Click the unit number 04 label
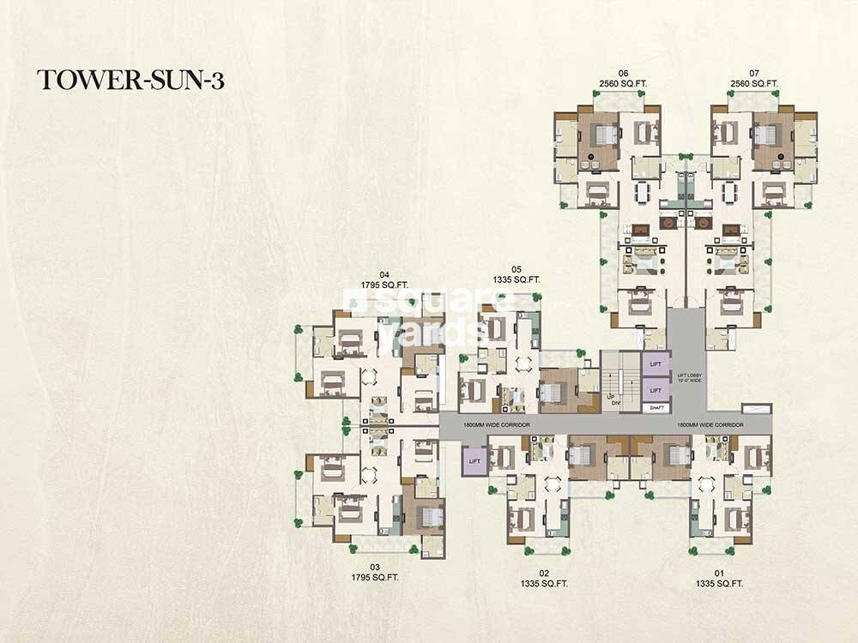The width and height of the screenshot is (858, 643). tap(372, 275)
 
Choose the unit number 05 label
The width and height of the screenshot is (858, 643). tap(516, 267)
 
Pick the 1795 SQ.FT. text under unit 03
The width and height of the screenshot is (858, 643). tap(374, 578)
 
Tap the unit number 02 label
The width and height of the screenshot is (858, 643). tap(543, 573)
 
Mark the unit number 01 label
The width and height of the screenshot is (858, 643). tap(719, 573)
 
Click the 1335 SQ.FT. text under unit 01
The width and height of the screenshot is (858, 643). tap(719, 584)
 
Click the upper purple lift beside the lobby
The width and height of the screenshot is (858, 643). tap(656, 365)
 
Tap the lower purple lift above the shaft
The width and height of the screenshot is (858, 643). tap(656, 390)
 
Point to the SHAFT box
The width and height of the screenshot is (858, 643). tap(656, 408)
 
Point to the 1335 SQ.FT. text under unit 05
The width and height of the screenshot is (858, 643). tap(516, 279)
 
